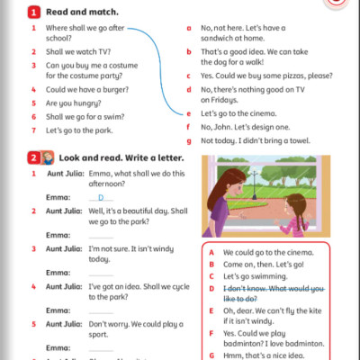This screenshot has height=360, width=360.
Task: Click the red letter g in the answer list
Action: [189, 140]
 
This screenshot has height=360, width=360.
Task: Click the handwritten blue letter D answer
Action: [100, 196]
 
